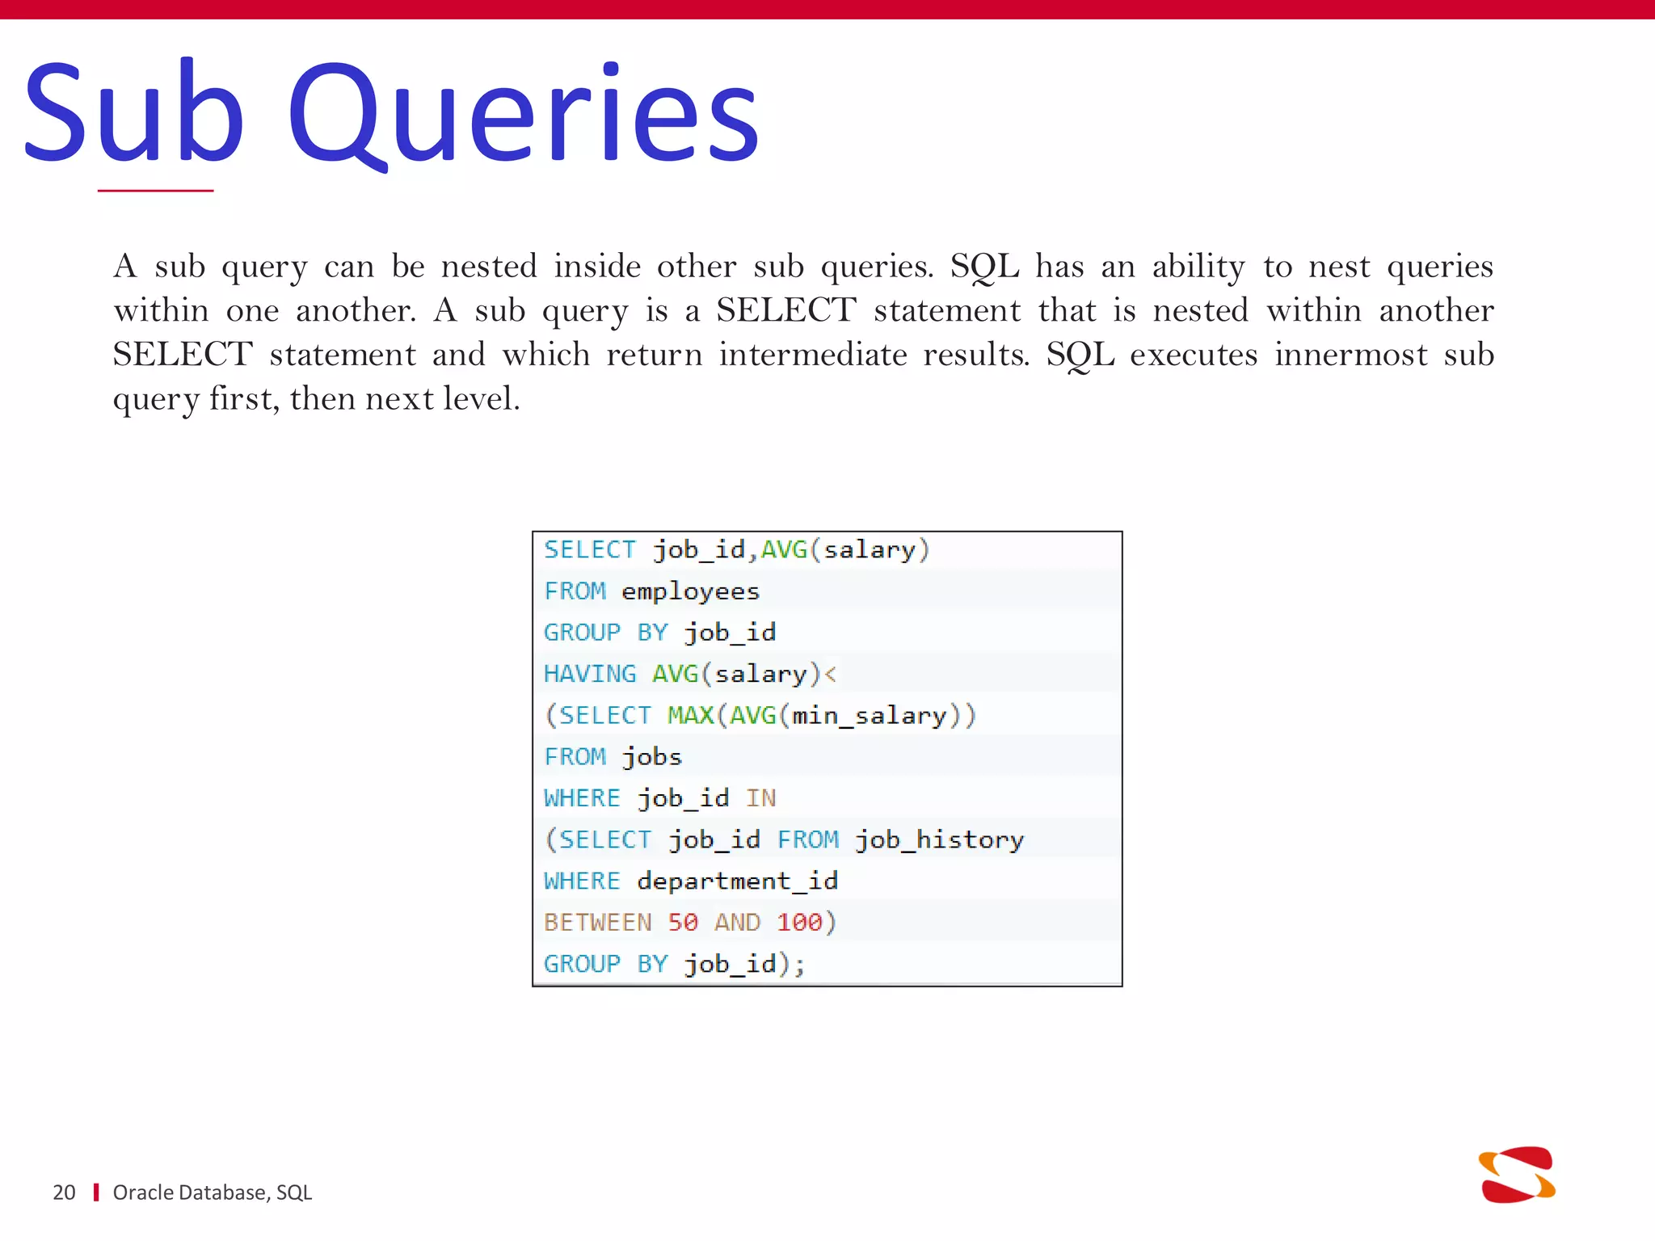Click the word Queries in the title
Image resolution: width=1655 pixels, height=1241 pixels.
[x=524, y=113]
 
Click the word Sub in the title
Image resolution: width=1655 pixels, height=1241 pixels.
[x=133, y=113]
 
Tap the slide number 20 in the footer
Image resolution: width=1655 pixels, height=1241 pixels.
[x=64, y=1193]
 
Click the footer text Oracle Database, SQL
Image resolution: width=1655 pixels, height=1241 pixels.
[x=212, y=1193]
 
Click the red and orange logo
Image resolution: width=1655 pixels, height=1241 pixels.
[x=1517, y=1175]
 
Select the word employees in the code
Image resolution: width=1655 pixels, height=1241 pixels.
[x=690, y=591]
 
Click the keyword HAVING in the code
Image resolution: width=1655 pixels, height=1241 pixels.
[x=590, y=674]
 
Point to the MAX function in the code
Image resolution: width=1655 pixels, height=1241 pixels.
[x=690, y=715]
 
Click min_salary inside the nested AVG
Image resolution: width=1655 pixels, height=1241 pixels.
[x=869, y=716]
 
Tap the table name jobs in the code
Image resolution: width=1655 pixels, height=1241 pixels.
[x=651, y=757]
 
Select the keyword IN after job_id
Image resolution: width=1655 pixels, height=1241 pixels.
[x=760, y=798]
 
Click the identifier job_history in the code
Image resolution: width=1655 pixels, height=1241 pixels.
[x=939, y=840]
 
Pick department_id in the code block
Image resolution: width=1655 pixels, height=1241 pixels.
[x=737, y=881]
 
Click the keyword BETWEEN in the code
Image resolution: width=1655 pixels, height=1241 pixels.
[x=597, y=923]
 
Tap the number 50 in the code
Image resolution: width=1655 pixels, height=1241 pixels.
[x=683, y=923]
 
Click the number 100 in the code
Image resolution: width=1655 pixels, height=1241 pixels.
[x=799, y=923]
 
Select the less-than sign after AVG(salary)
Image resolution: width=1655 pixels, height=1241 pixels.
[x=830, y=674]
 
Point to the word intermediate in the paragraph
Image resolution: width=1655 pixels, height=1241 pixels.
[x=813, y=355]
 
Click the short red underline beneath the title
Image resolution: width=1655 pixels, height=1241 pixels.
[x=155, y=191]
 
